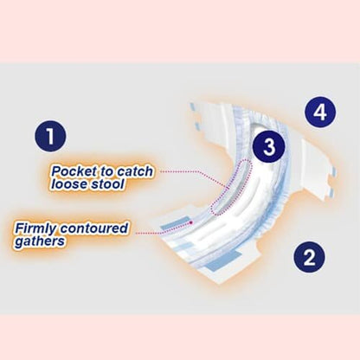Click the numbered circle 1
coord(50,136)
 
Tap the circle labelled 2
coord(309,257)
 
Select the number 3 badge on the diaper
coord(269,146)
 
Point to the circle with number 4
coord(320,112)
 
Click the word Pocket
coord(74,171)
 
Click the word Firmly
coord(35,229)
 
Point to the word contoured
coord(94,228)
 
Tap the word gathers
coord(40,241)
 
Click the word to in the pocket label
coord(107,171)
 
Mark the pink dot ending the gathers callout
coord(190,222)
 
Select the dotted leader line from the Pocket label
coord(193,172)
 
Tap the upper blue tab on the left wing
coord(192,108)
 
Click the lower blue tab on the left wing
coord(197,125)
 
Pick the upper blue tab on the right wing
coord(333,171)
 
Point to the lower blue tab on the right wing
coord(331,191)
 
